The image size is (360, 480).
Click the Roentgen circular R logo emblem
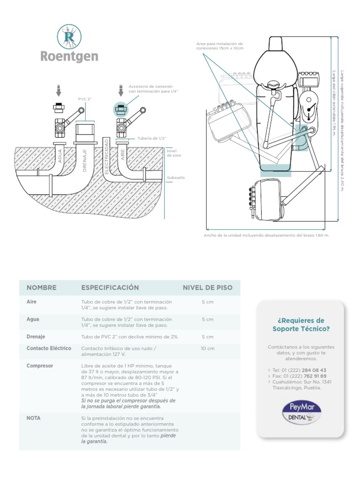pyautogui.click(x=68, y=37)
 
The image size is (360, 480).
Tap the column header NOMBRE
pyautogui.click(x=42, y=287)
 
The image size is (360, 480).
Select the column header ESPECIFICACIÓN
pyautogui.click(x=110, y=287)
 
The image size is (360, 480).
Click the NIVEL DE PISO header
pyautogui.click(x=207, y=287)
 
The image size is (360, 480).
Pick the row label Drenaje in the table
pyautogui.click(x=36, y=337)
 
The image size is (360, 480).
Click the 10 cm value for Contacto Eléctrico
pyautogui.click(x=207, y=348)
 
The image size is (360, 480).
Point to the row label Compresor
pyautogui.click(x=40, y=366)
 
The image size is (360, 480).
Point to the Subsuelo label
pyautogui.click(x=176, y=178)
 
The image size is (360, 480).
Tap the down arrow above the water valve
pyautogui.click(x=59, y=90)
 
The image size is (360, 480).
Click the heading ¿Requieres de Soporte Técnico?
pyautogui.click(x=300, y=324)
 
